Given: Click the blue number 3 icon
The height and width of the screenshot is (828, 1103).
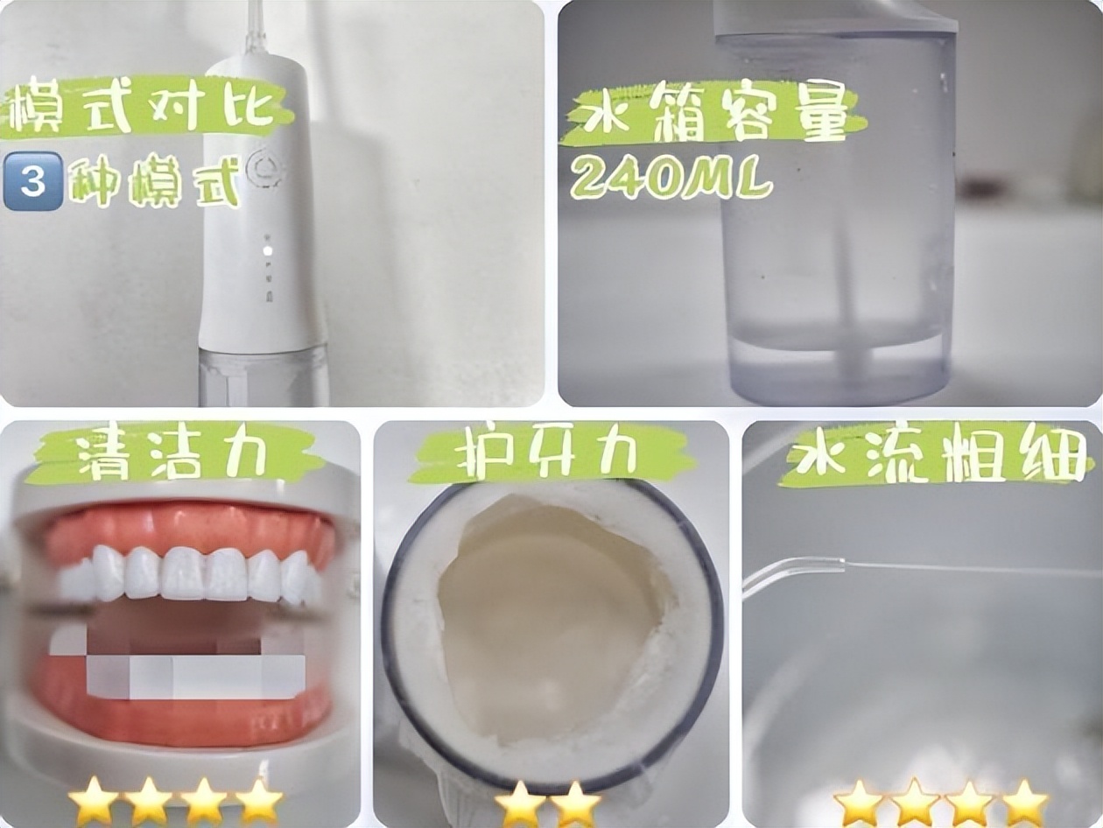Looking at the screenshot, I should click(33, 181).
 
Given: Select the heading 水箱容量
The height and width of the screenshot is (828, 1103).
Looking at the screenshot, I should click(713, 118).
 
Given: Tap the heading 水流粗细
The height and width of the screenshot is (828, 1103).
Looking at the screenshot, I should click(937, 456).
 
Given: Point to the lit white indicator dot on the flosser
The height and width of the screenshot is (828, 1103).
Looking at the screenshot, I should click(267, 250).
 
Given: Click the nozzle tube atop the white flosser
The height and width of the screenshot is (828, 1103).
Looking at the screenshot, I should click(256, 26).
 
